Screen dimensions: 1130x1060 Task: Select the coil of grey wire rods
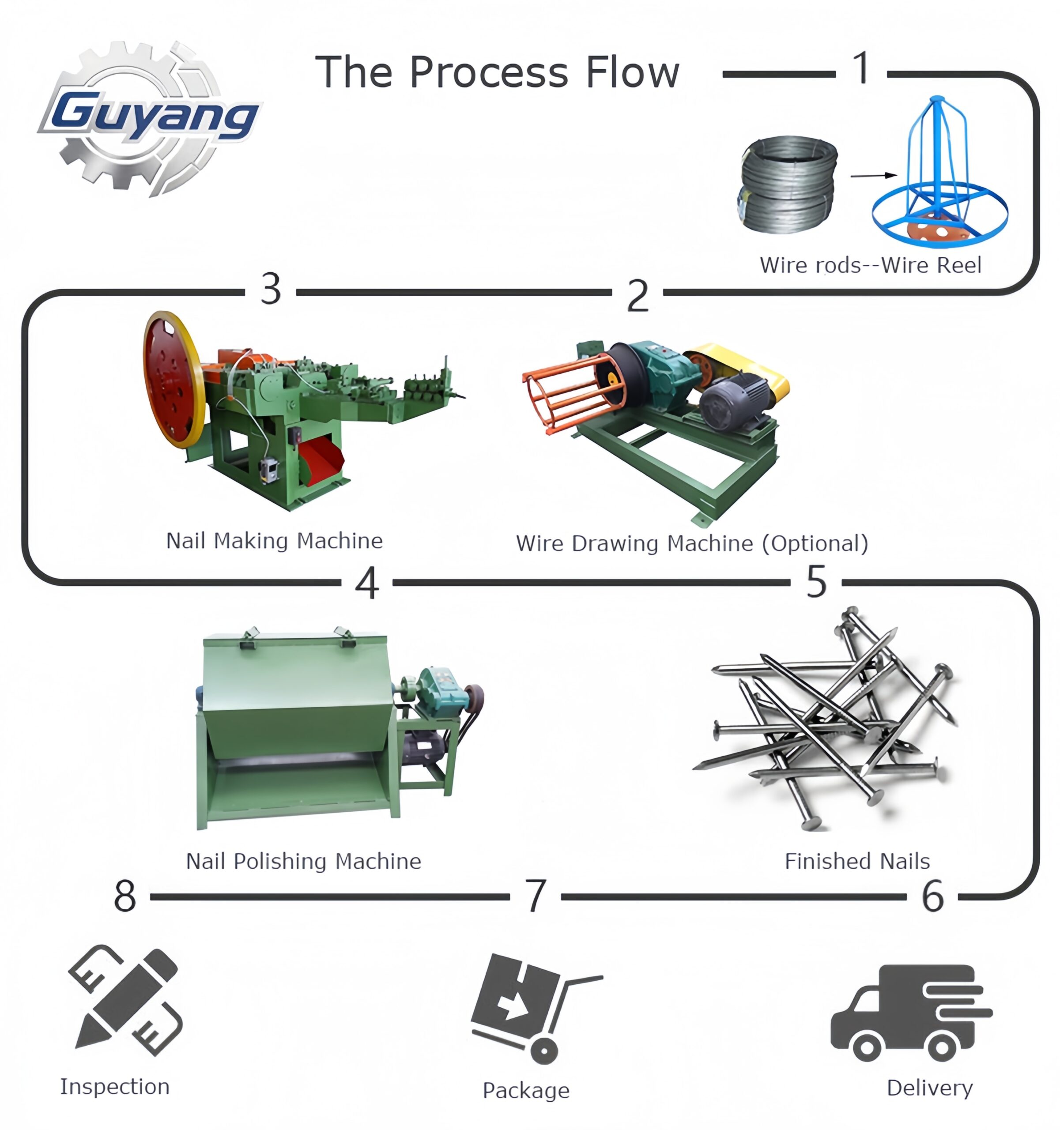click(x=789, y=183)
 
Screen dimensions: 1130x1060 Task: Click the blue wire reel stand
click(x=939, y=176)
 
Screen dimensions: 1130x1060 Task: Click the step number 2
click(x=637, y=296)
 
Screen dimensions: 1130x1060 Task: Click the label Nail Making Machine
click(x=274, y=541)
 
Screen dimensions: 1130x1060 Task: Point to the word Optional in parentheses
click(x=815, y=543)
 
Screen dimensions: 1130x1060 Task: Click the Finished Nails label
click(x=856, y=861)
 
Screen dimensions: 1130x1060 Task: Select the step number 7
click(x=535, y=896)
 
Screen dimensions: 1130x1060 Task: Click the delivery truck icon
click(x=909, y=1012)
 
